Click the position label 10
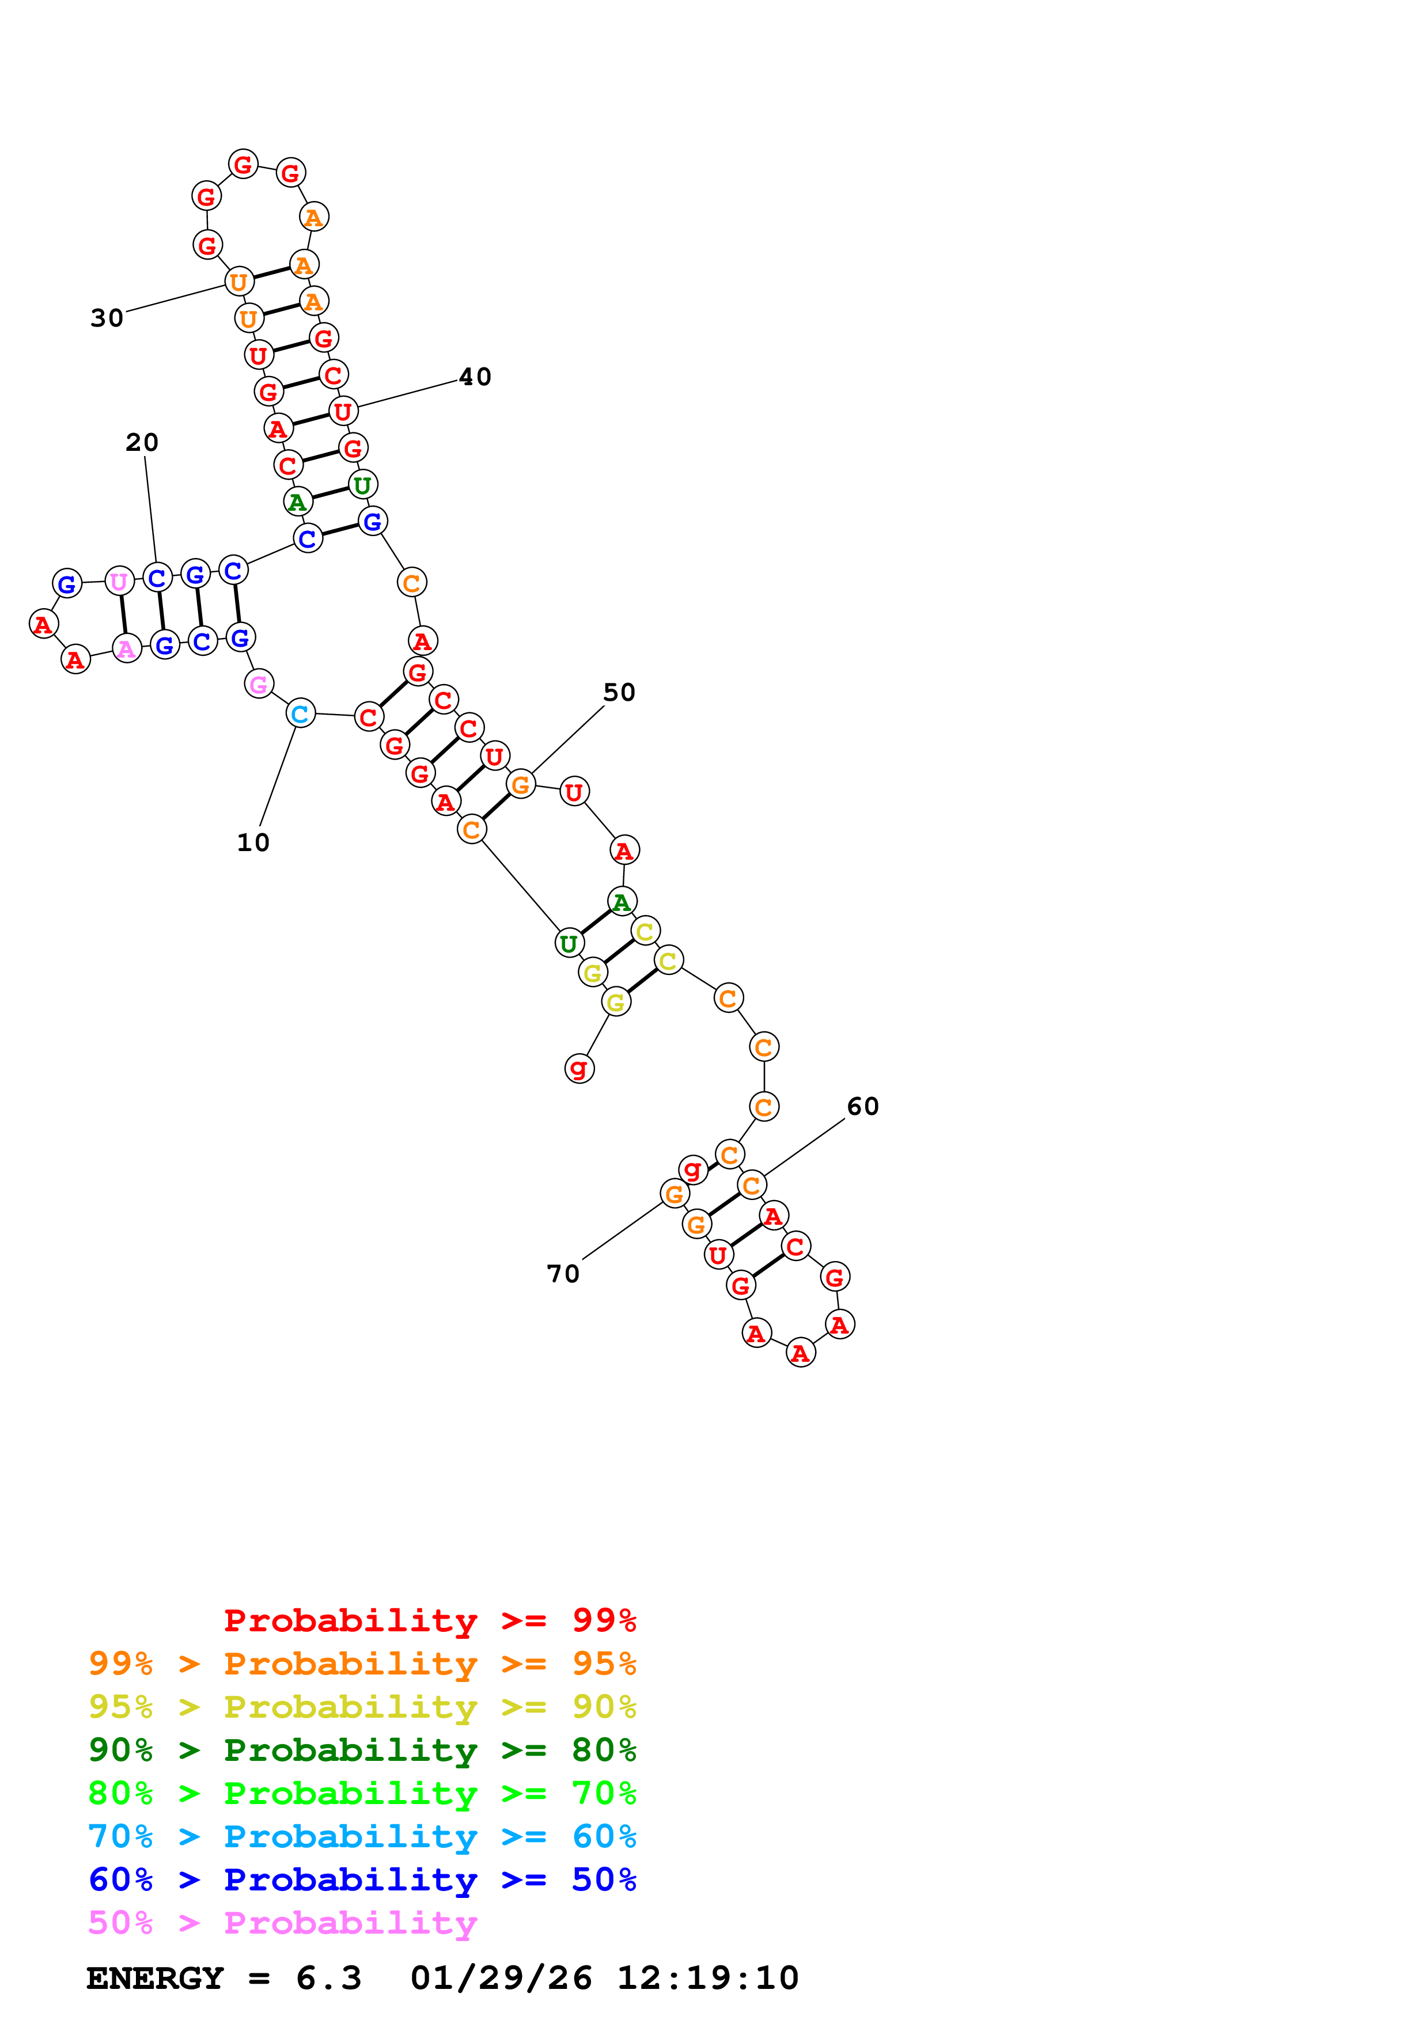253,843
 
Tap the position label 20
142,443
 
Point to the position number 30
107,318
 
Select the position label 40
475,377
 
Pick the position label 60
862,1106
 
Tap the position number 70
563,1274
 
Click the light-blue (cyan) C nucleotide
301,713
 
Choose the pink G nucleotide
259,684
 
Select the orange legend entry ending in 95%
362,1664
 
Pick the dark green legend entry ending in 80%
362,1750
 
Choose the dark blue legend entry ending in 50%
362,1879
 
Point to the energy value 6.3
328,1978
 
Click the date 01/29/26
501,1978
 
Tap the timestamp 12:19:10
707,1978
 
